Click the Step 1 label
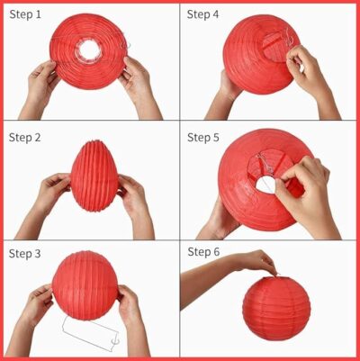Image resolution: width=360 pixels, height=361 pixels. tap(25, 14)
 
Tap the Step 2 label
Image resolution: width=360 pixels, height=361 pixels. tap(25, 138)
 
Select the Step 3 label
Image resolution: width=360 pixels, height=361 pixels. tap(24, 254)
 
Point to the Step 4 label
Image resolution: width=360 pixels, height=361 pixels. tap(202, 14)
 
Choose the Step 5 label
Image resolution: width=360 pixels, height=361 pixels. tap(203, 138)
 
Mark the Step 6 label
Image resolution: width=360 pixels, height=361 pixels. tap(203, 252)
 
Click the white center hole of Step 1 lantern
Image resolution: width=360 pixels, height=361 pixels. tap(89, 50)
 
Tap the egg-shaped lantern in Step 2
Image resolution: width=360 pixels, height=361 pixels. tap(94, 176)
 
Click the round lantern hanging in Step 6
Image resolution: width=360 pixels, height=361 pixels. tap(276, 308)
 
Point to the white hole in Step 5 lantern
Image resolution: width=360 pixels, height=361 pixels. tap(266, 185)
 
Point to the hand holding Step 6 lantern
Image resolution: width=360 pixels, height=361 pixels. tap(258, 260)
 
